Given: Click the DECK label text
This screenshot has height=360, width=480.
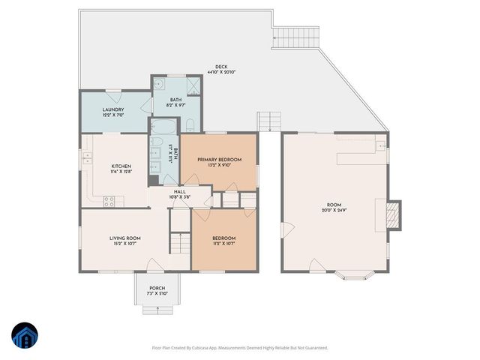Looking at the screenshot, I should tap(221, 67).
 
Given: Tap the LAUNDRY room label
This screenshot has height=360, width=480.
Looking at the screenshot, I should tap(113, 110).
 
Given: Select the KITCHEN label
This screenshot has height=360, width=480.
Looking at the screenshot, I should tap(121, 166).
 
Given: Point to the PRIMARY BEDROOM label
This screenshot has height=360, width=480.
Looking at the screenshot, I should tap(219, 160).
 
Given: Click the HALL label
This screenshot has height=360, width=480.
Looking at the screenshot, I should tap(180, 192).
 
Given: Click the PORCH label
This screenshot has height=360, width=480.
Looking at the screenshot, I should tap(157, 288).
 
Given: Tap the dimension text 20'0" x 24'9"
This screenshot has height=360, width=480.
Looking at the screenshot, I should tap(334, 210).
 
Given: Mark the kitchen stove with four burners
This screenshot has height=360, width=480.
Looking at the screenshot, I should tap(109, 201).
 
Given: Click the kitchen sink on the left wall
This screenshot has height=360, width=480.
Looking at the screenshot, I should tap(87, 157).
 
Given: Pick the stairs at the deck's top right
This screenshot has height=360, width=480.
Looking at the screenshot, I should tap(295, 34).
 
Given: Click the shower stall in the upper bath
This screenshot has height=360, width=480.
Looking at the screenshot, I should tap(193, 84).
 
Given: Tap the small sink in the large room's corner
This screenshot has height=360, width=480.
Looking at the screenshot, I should tap(381, 143).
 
